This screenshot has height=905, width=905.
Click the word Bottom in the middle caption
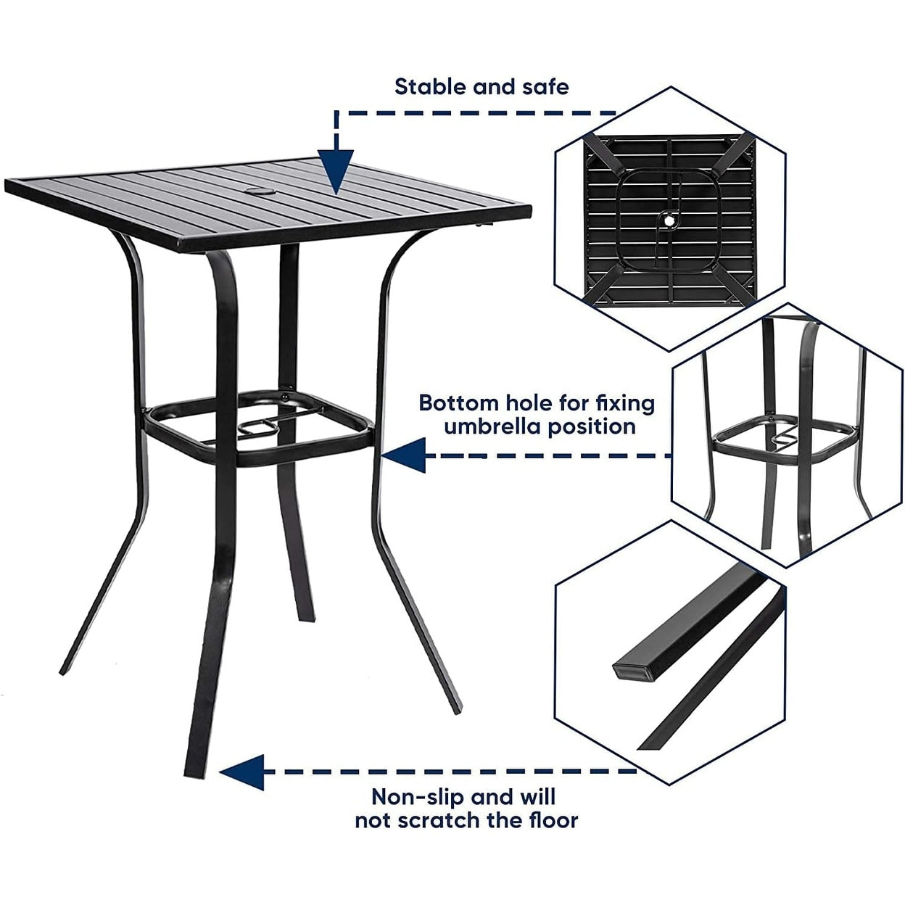pos(458,403)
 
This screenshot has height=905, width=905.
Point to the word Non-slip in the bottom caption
pos(417,797)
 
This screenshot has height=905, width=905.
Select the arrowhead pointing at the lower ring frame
pos(404,456)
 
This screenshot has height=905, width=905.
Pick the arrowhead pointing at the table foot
pos(242,772)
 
